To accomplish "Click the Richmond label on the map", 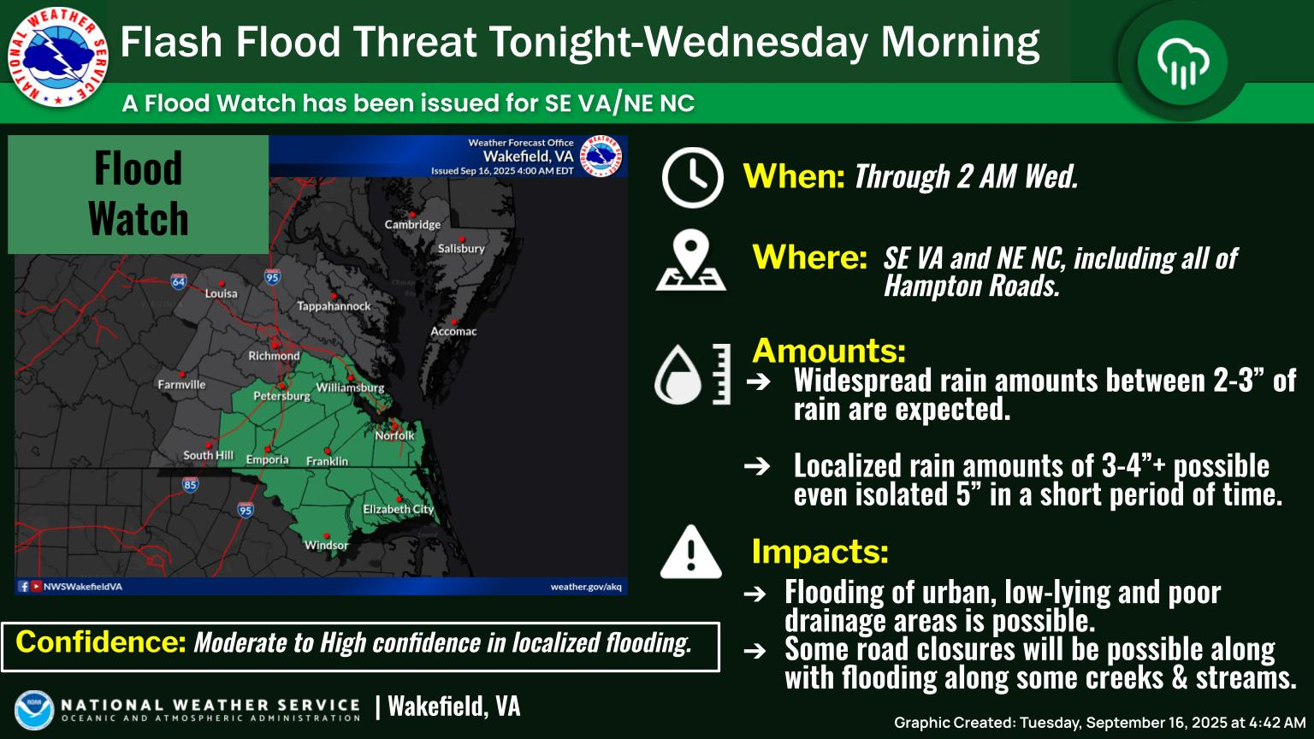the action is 274,356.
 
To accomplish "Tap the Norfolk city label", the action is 394,435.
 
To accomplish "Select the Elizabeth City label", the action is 399,509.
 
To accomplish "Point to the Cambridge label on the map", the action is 412,225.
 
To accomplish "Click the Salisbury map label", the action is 462,249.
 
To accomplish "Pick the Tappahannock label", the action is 334,306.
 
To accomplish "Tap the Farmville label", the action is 182,385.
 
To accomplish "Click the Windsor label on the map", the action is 326,546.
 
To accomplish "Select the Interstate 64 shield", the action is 179,281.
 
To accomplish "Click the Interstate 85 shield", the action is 190,484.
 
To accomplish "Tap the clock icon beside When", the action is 692,177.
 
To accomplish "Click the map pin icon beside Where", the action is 691,260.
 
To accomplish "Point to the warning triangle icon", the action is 691,552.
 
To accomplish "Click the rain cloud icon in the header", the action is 1182,62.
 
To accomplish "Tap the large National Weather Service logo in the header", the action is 57,57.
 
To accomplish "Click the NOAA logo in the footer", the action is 34,710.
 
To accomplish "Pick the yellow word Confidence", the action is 101,641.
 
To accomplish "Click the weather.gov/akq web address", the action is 586,587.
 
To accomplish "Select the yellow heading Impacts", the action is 820,551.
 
